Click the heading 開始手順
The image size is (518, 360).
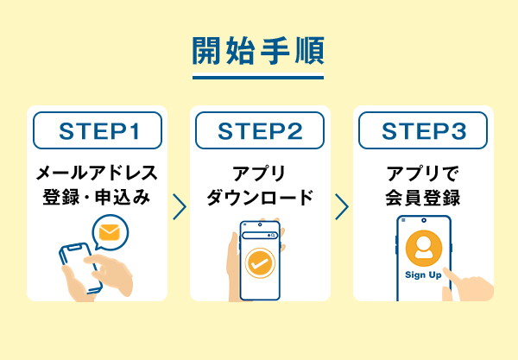tap(258, 51)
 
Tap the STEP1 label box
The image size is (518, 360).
tap(97, 131)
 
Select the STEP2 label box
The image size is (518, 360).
tap(259, 131)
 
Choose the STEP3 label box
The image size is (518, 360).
tap(422, 131)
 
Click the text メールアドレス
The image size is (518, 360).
tap(97, 172)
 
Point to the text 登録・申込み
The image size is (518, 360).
tap(97, 198)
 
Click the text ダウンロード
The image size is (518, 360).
tap(259, 198)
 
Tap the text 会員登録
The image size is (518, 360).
tap(422, 198)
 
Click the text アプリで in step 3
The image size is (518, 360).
tap(422, 172)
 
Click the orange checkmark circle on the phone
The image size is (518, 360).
tap(259, 262)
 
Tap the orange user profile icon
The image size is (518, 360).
tap(423, 248)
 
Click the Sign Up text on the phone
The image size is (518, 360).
tap(423, 275)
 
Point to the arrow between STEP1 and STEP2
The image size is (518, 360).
tap(179, 206)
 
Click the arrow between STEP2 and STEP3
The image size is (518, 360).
tap(341, 206)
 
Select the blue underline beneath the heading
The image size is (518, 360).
tap(258, 79)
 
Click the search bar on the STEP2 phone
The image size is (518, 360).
tap(259, 235)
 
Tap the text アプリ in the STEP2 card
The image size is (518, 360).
tap(259, 172)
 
